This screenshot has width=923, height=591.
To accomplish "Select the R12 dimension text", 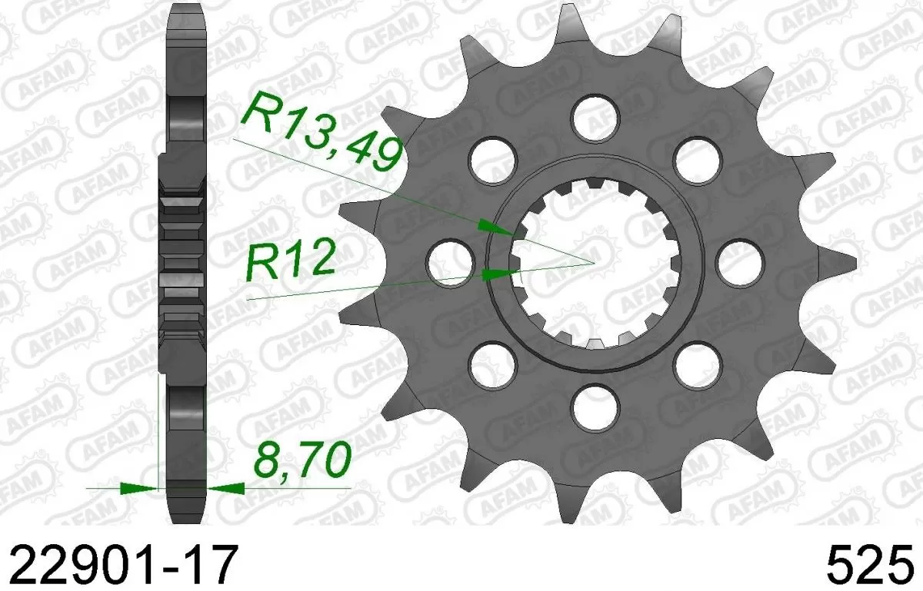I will click(x=290, y=261).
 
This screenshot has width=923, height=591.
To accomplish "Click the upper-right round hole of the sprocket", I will click(x=698, y=157).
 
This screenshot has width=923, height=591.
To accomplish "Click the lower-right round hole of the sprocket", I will click(x=698, y=363).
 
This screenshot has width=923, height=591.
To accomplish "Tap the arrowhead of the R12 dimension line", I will click(x=501, y=273).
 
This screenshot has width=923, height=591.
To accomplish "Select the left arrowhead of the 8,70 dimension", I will click(x=136, y=487).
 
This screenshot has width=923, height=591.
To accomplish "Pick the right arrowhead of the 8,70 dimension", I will click(x=228, y=487).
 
